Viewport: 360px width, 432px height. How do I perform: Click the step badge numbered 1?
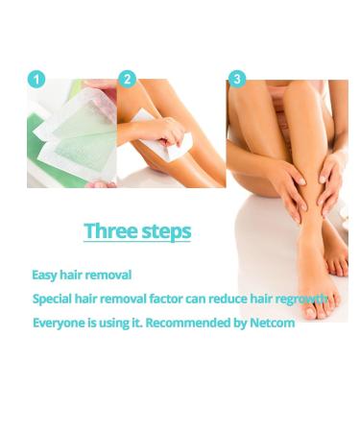click(x=36, y=80)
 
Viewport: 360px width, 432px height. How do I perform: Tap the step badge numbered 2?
click(x=128, y=80)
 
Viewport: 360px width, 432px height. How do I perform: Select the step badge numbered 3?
click(x=237, y=80)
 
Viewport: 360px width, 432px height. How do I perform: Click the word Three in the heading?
click(x=106, y=231)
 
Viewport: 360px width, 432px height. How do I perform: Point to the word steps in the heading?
click(x=162, y=232)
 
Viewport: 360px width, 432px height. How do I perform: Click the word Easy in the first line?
click(x=44, y=276)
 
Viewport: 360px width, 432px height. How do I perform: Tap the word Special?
click(x=54, y=299)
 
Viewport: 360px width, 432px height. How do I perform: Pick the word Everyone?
click(x=60, y=323)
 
